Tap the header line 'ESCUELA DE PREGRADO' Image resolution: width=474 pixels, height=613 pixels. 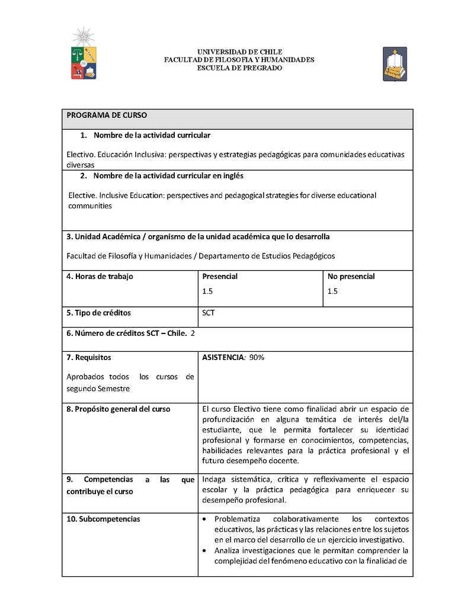pos(239,68)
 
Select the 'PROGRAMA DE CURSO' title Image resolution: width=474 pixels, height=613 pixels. pos(107,115)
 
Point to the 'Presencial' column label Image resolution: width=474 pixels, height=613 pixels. pos(220,277)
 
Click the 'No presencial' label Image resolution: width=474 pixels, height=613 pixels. pos(351,277)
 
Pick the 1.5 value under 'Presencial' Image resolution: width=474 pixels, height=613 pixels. pos(207,291)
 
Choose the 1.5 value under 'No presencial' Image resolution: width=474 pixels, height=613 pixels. pos(332,291)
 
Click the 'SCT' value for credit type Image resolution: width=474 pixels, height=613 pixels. pos(209,313)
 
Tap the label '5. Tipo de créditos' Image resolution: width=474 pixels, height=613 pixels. pos(98,313)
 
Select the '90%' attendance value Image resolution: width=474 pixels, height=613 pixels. pos(257,358)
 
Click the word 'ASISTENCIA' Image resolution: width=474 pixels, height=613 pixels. pos(223,358)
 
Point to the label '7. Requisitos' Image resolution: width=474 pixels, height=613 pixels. pos(89,358)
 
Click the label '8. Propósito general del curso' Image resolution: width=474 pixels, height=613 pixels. pos(118,409)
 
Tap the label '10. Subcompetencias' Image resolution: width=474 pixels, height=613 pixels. pos(103,519)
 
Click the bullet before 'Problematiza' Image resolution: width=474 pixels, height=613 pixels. pos(205,519)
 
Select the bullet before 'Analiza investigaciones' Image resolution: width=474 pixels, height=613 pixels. pos(205,550)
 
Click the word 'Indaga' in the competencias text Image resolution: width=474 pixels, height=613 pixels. pos(213,479)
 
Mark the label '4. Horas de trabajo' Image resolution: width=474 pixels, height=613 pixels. pos(100,277)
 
